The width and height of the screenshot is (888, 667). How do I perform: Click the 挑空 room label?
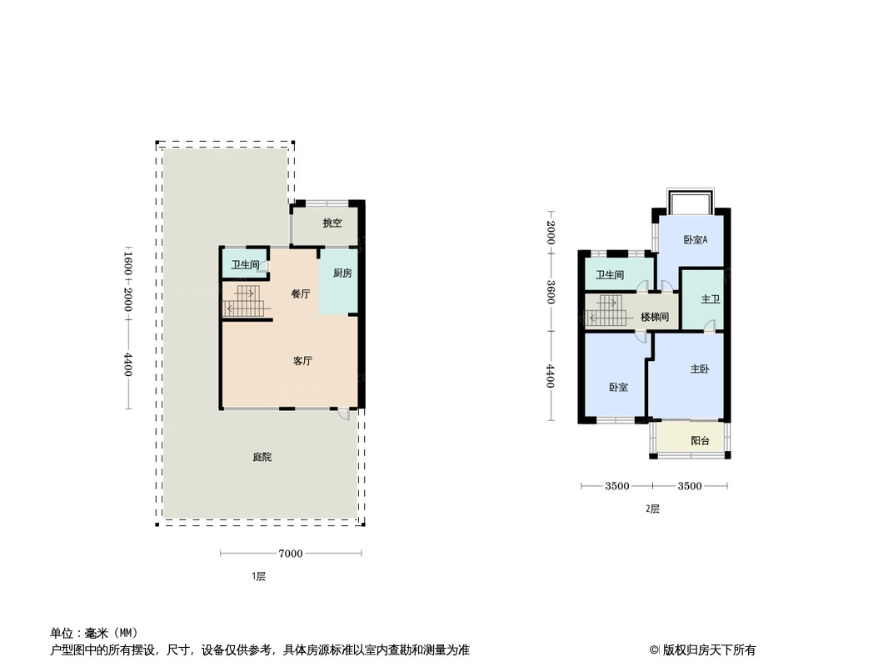click(x=332, y=223)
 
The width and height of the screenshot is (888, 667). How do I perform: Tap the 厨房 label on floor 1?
click(x=342, y=273)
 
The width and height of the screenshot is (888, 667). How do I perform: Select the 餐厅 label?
click(x=301, y=294)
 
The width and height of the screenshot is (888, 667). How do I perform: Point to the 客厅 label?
click(x=303, y=361)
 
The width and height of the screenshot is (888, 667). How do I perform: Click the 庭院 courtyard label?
click(x=262, y=457)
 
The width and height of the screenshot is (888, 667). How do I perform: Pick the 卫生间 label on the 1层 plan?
click(x=245, y=264)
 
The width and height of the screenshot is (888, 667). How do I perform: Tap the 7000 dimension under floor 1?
click(x=291, y=554)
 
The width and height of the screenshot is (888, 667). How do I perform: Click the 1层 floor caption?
click(x=258, y=576)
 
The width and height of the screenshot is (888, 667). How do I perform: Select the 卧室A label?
click(x=696, y=240)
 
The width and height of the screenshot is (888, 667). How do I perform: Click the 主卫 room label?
click(x=711, y=298)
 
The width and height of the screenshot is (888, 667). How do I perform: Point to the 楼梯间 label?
click(x=655, y=317)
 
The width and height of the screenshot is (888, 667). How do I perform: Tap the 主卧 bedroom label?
click(x=700, y=369)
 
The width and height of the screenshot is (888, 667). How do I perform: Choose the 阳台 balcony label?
click(x=701, y=440)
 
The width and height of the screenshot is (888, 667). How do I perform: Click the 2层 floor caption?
click(x=652, y=509)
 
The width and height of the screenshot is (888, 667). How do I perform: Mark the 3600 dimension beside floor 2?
click(x=551, y=292)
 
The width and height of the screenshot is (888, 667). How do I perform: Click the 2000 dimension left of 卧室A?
click(x=551, y=233)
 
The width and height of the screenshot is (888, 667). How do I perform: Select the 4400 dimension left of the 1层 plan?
click(x=128, y=364)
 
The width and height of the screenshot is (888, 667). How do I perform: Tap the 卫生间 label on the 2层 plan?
click(x=610, y=275)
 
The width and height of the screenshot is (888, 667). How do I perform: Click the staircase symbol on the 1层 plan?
click(x=246, y=300)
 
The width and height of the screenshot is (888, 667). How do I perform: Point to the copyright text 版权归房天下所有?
click(x=709, y=650)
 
